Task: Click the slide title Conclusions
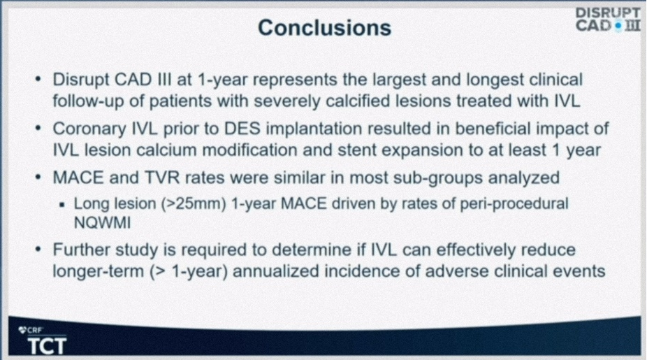click(324, 28)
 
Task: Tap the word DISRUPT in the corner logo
click(608, 13)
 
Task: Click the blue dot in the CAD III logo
click(618, 26)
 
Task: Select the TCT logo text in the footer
click(47, 345)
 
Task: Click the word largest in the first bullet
click(400, 80)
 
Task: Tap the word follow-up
click(88, 101)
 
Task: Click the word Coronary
click(89, 129)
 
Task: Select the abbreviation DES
click(242, 129)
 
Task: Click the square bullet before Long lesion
click(62, 204)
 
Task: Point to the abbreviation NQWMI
click(102, 224)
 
